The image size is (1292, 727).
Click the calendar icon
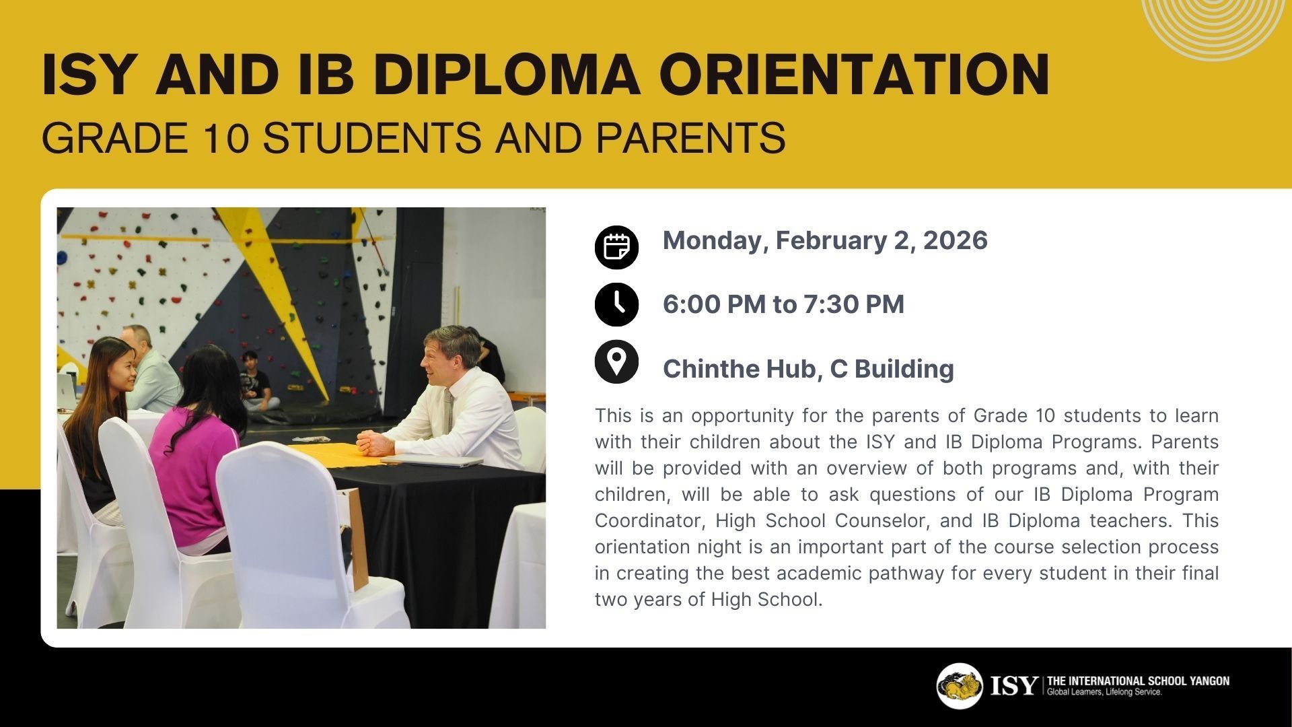pos(616,247)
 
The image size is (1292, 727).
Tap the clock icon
pos(616,305)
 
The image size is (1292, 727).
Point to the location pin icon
pos(616,362)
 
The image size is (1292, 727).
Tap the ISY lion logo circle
pos(960,686)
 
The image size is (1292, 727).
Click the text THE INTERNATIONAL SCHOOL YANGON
pos(1138,681)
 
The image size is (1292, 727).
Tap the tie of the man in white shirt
pos(447,410)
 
